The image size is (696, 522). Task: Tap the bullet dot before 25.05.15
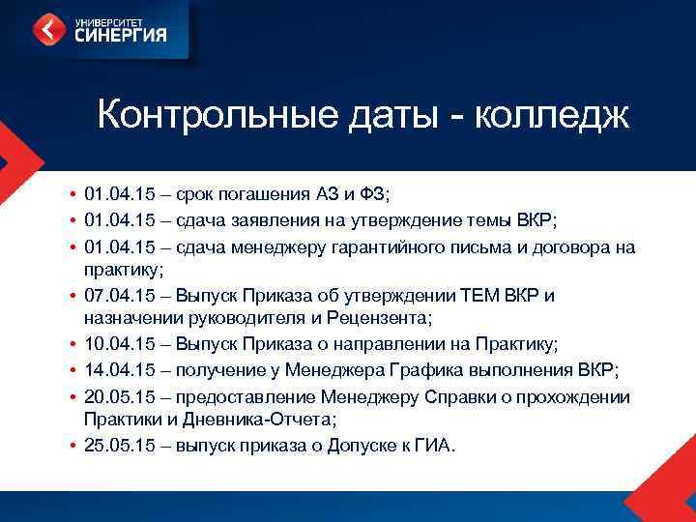(x=72, y=446)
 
